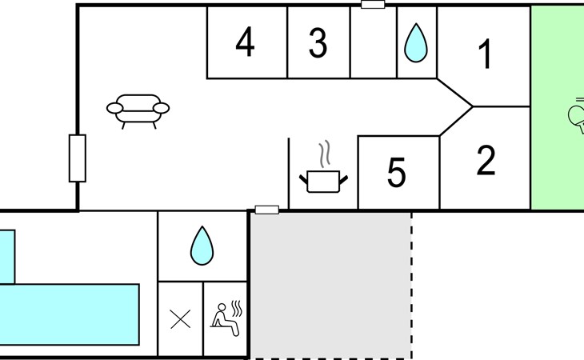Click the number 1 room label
point(486,54)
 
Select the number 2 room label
point(486,160)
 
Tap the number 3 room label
point(318,43)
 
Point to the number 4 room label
point(245,43)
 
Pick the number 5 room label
point(396,172)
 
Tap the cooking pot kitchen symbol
point(323,182)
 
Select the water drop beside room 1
point(416,43)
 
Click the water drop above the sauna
point(202,246)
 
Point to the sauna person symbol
point(225,320)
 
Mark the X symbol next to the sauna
point(180,319)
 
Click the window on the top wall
point(373,5)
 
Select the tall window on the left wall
point(78,158)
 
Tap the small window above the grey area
point(266,210)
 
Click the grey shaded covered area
point(330,286)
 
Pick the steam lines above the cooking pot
point(325,154)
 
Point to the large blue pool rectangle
point(70,314)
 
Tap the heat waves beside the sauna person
point(237,308)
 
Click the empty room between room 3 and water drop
point(374,42)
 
